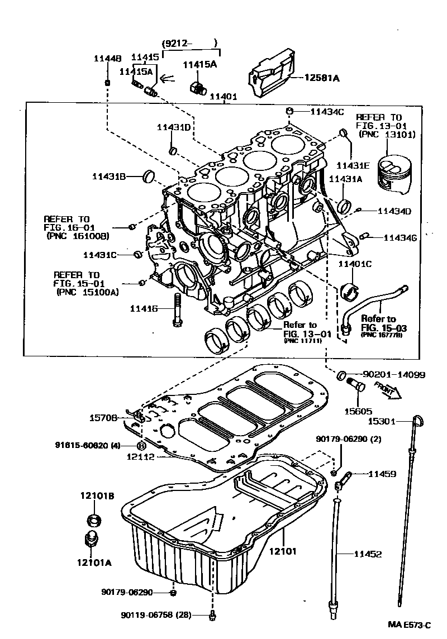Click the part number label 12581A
(x=321, y=79)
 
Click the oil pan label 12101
(x=282, y=551)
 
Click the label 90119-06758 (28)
(x=156, y=616)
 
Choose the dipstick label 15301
(x=383, y=421)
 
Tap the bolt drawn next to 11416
(x=177, y=312)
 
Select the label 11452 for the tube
(x=368, y=554)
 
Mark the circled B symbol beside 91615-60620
(x=141, y=445)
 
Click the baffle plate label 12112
(x=141, y=457)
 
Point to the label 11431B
(x=108, y=177)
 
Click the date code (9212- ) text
(x=189, y=44)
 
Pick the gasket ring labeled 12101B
(x=96, y=520)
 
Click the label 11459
(x=382, y=474)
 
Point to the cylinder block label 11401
(x=223, y=96)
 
